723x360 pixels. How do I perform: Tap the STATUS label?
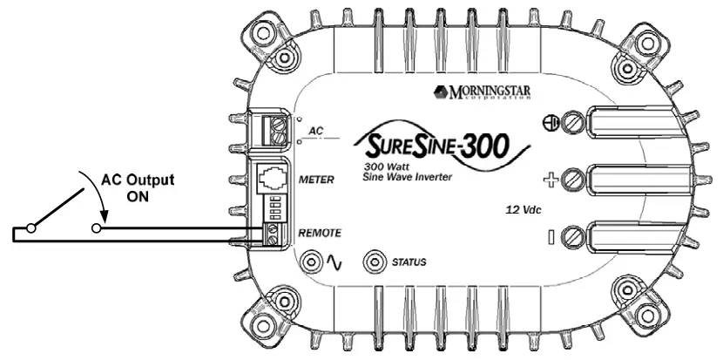(x=409, y=262)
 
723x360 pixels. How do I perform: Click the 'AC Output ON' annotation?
(x=138, y=187)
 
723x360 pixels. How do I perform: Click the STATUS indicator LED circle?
(x=375, y=261)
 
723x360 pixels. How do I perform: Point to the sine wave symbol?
(x=334, y=261)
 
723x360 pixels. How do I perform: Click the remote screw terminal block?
(x=274, y=232)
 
